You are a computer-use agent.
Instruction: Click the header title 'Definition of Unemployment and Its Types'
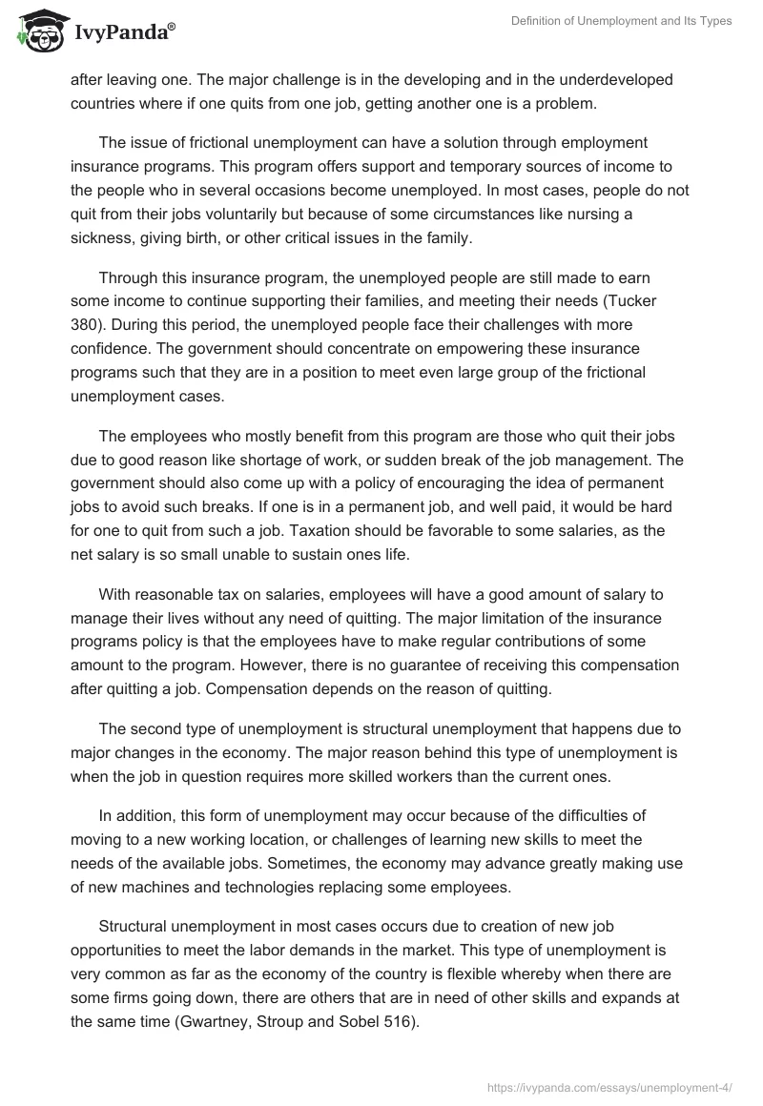pyautogui.click(x=622, y=22)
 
